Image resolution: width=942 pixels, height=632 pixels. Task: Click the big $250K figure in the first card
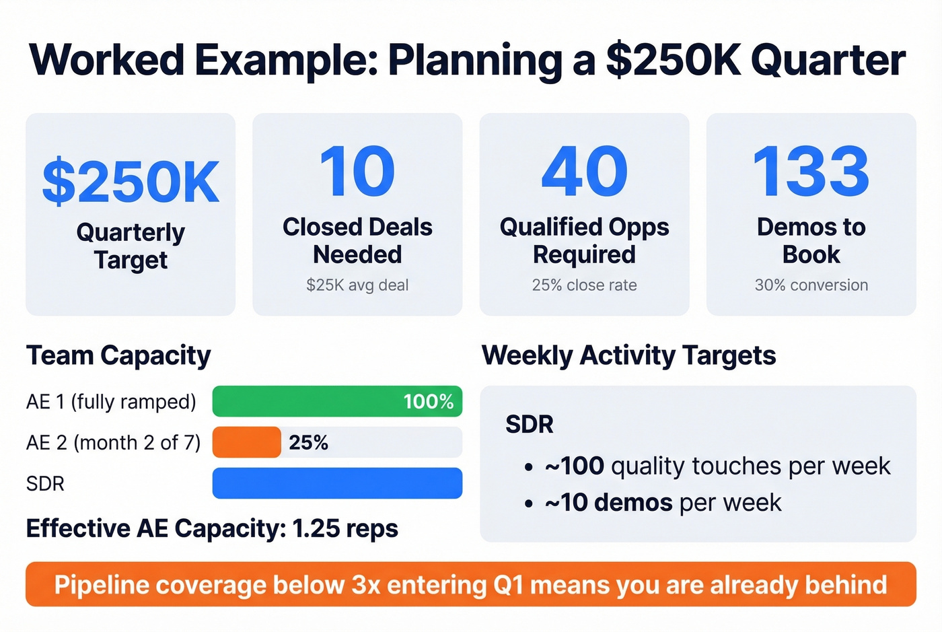point(131,182)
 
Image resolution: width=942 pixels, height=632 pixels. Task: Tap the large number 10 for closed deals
point(357,172)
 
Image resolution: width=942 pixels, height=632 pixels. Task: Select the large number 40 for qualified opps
point(584,172)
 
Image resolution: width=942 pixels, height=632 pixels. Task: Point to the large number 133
point(811,172)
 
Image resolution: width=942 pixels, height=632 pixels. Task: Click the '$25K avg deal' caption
point(357,285)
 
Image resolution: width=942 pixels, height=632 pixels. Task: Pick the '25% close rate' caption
point(584,285)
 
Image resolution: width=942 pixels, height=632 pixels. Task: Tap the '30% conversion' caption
point(811,285)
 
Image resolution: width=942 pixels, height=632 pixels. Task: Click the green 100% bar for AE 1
point(336,401)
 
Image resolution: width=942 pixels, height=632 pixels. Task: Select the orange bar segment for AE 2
point(246,442)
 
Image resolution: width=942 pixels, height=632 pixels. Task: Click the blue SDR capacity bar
point(336,483)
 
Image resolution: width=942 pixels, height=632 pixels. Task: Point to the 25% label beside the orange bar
point(308,442)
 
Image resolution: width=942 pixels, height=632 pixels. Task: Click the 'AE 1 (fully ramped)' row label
point(111,402)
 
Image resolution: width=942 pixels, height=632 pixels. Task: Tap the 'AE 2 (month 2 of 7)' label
point(113,442)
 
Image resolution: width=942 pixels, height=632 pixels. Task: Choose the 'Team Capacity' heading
point(118,355)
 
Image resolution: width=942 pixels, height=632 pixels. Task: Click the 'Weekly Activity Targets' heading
point(628,355)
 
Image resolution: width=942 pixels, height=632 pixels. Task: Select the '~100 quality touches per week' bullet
point(717,466)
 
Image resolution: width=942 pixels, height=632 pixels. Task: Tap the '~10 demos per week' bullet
point(663,503)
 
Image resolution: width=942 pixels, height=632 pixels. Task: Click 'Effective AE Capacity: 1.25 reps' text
point(212,528)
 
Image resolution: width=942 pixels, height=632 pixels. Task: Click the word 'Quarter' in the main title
point(828,61)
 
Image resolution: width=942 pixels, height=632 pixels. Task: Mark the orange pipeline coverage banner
point(471,584)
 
